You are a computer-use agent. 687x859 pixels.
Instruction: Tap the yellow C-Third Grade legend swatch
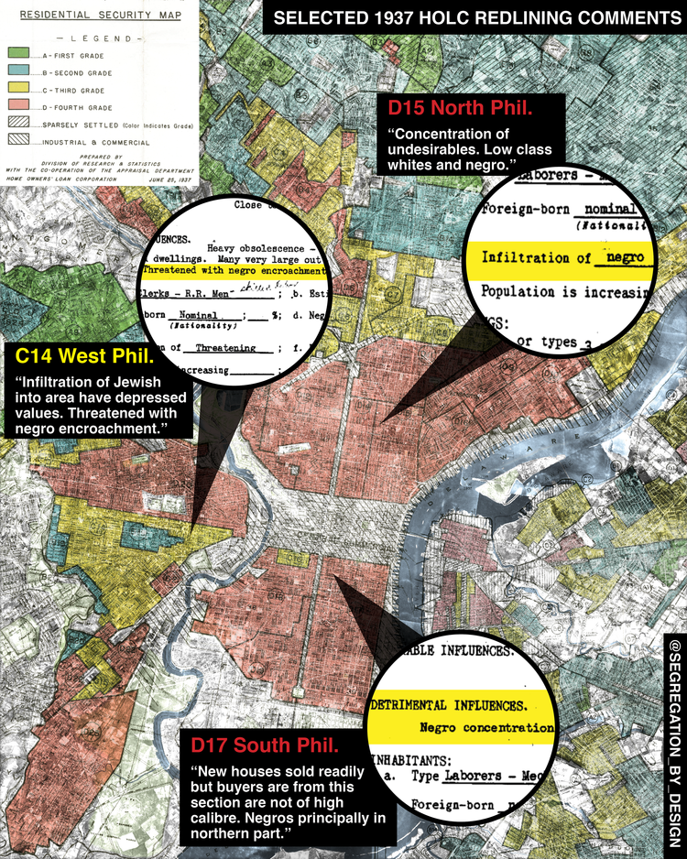pos(19,90)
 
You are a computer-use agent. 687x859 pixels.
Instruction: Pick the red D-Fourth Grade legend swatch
pos(19,106)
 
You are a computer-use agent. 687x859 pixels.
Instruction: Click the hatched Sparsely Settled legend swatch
pos(19,123)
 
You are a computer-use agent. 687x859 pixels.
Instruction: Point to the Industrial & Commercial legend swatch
pos(19,139)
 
